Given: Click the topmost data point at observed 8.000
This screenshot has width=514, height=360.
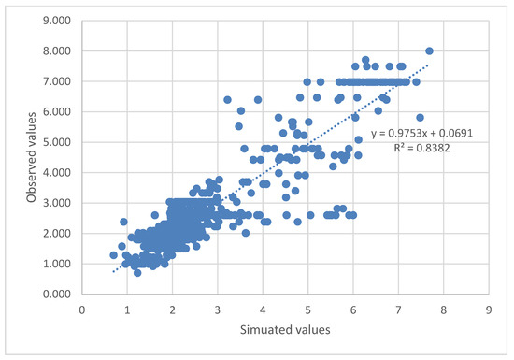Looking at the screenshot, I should tap(429, 51).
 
